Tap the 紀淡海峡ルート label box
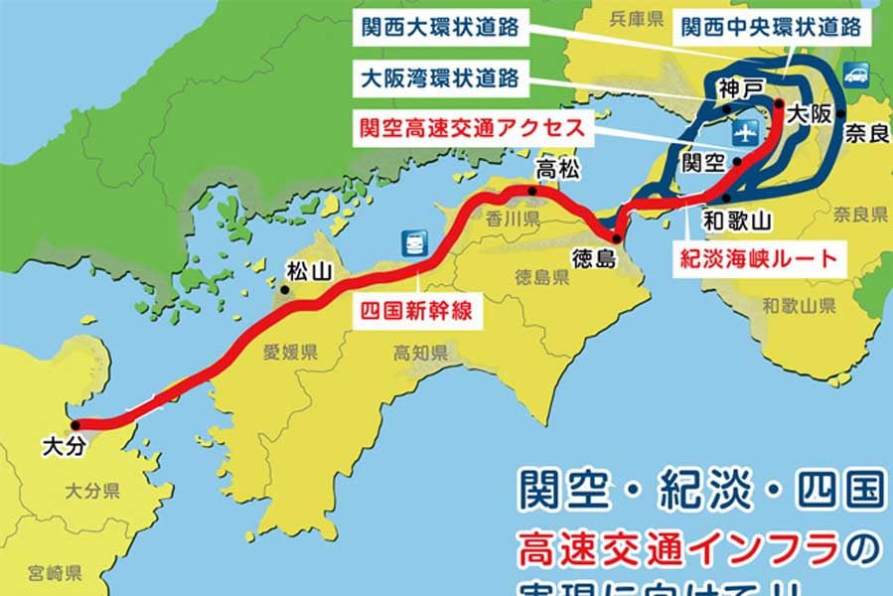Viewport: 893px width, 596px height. click(758, 261)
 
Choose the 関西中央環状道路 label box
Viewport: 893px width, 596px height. click(771, 28)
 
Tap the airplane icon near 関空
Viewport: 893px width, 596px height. click(744, 132)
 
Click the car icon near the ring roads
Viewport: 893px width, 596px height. click(855, 73)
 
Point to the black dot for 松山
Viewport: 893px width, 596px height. click(285, 290)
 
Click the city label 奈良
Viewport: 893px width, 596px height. click(866, 133)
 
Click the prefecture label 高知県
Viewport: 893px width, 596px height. click(420, 354)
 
